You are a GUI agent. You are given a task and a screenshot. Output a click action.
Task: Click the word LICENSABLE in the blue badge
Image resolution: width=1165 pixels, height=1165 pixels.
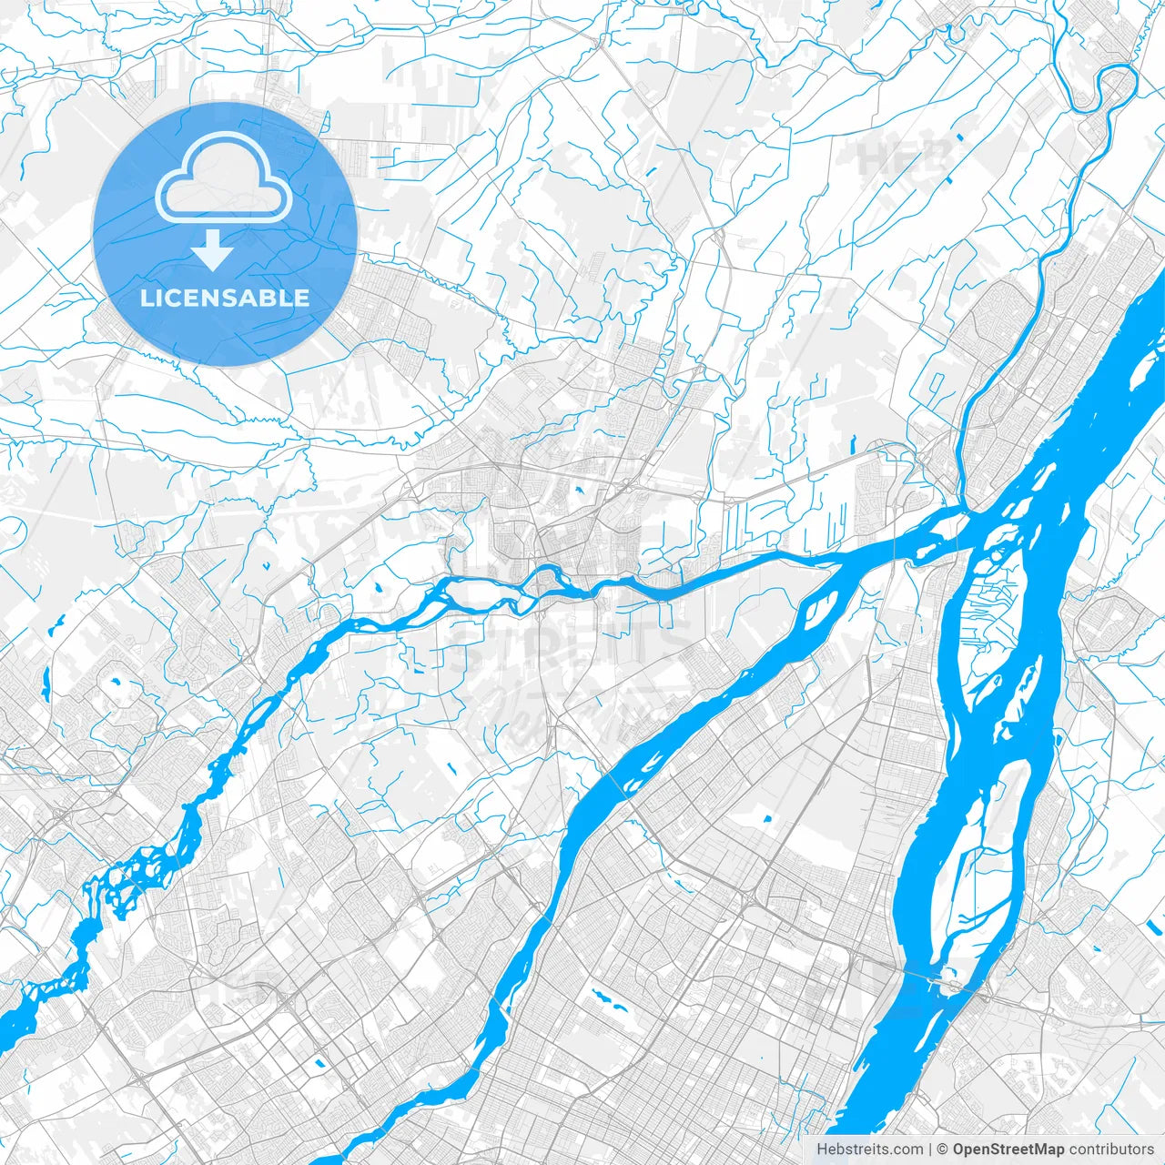click(224, 298)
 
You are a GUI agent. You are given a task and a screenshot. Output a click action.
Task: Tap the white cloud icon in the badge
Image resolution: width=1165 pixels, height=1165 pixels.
click(224, 177)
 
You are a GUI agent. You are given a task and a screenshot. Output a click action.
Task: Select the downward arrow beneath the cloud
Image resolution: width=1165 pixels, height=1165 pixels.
click(213, 250)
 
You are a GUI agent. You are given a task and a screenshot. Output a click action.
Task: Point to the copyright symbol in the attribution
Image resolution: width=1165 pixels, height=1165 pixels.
click(944, 1150)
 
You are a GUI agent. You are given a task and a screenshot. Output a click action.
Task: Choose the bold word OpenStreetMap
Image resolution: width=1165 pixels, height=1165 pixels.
click(1008, 1150)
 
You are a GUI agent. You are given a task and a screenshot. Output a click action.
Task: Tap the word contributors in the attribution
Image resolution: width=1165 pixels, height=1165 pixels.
click(1111, 1150)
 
